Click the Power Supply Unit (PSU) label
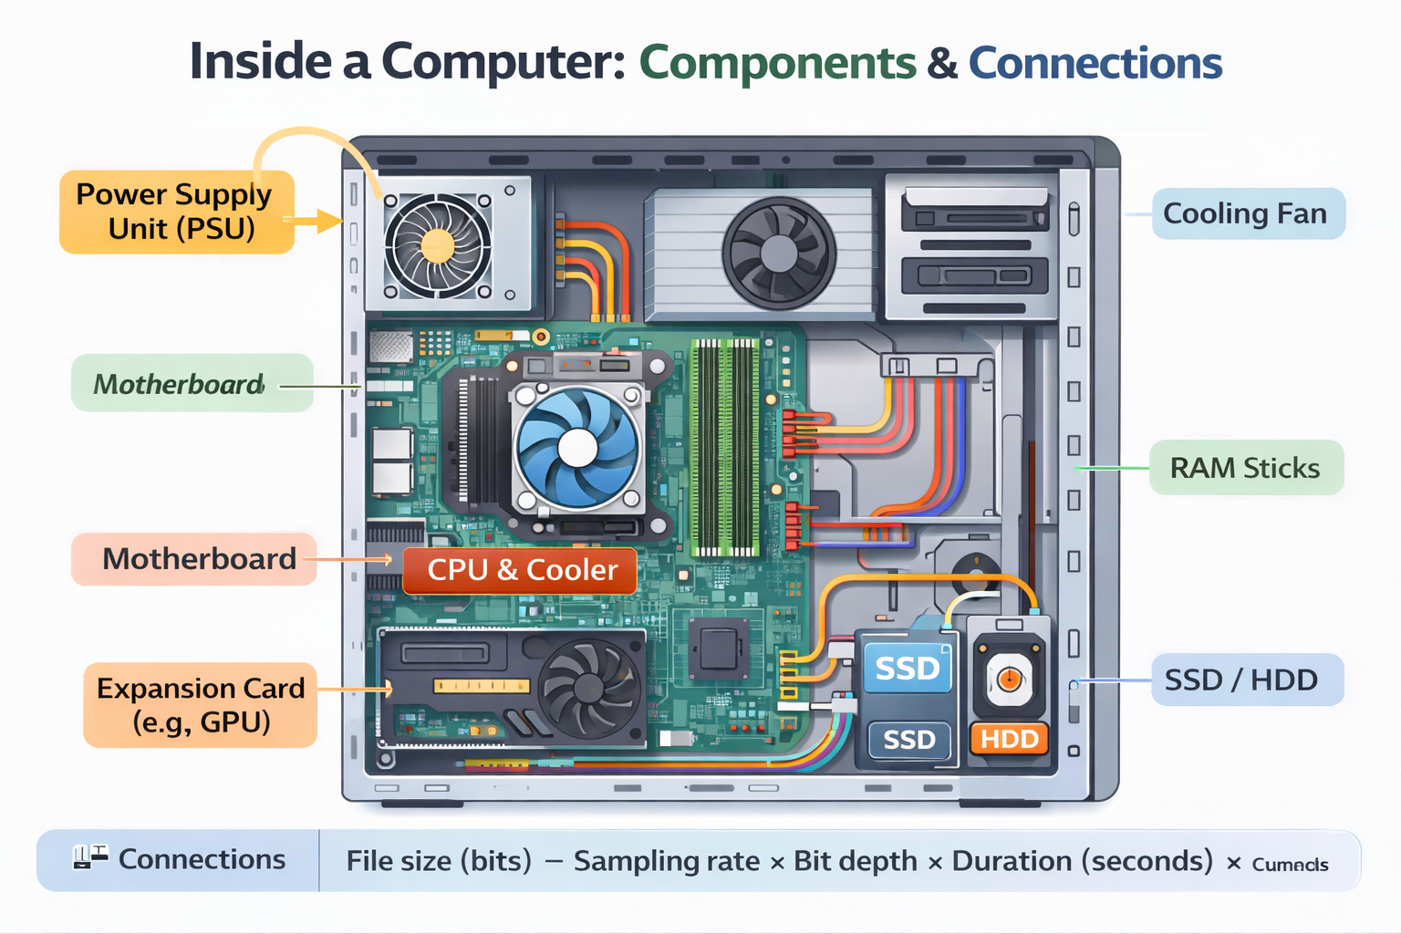tap(177, 212)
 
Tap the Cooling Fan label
tap(1248, 213)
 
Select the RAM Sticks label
tap(1246, 468)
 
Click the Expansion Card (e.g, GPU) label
tap(201, 705)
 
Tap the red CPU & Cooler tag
tap(521, 570)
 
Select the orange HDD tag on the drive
tap(1010, 738)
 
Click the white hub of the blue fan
tap(577, 447)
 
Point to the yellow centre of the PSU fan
tap(438, 245)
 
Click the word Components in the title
tap(777, 63)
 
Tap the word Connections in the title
tap(1095, 63)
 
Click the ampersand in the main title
tap(942, 64)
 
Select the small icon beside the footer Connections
tap(90, 857)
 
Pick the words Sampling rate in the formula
tap(666, 861)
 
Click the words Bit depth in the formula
tap(856, 861)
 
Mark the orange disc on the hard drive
tap(1009, 679)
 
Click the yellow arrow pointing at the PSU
tap(319, 220)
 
